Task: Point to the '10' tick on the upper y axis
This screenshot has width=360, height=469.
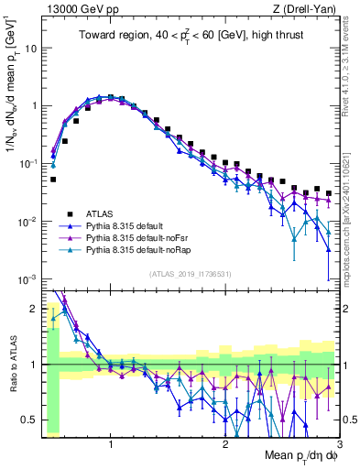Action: click(30, 48)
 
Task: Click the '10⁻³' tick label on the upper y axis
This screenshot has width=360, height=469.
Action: click(27, 278)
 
